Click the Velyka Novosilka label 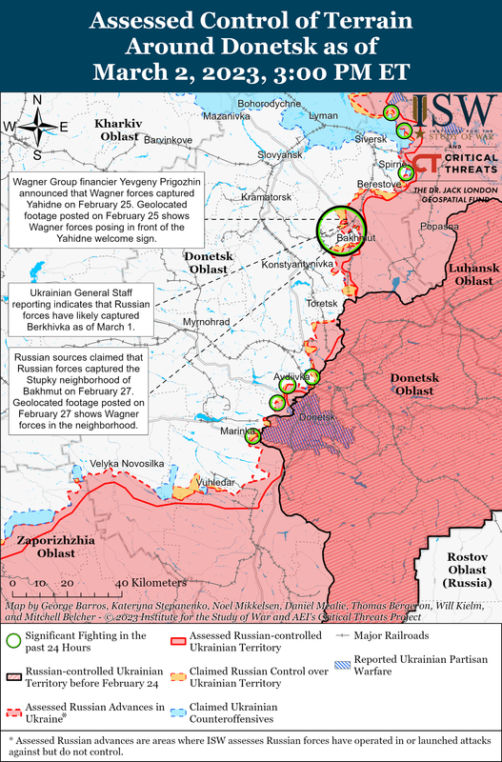coord(128,463)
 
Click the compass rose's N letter coord(37,100)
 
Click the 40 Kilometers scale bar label coord(151,582)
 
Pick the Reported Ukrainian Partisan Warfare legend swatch coord(342,662)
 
